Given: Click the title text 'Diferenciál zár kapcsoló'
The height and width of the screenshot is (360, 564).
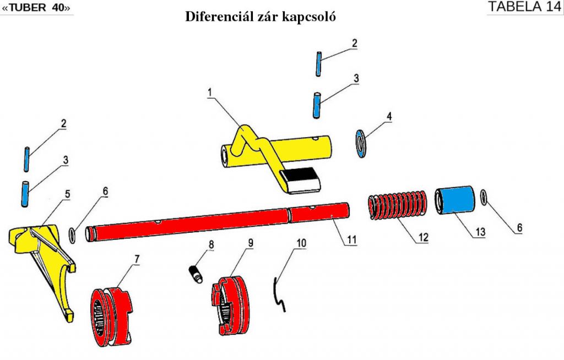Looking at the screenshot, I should (261, 17).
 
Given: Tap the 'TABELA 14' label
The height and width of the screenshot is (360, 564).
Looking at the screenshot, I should (524, 7).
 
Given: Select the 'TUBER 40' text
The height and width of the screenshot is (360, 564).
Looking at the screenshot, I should (37, 8).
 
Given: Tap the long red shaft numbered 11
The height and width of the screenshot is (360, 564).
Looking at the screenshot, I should (220, 220).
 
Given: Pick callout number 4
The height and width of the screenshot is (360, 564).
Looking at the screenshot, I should (389, 117).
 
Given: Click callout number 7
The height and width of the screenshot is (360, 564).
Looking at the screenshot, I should (135, 258).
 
